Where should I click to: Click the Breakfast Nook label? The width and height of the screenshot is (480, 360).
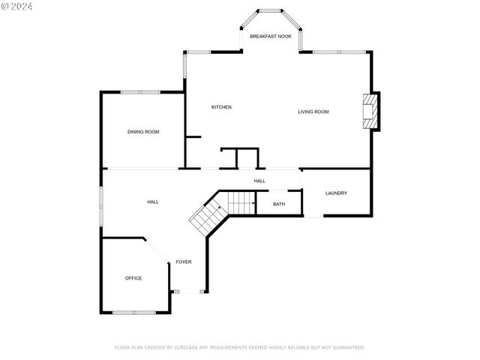270,36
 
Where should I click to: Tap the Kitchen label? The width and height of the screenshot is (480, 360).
221,107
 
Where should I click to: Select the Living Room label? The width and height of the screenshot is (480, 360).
313,112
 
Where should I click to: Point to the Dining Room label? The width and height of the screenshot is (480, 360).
143,132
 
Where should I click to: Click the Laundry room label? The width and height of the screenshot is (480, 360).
336,193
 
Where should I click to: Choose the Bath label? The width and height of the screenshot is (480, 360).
278,204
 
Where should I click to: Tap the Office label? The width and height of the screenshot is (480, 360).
133,278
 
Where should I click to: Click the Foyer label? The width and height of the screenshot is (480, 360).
184,262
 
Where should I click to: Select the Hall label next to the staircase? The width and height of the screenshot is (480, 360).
152,202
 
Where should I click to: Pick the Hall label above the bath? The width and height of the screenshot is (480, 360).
259,181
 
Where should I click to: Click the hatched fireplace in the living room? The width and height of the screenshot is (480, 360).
369,112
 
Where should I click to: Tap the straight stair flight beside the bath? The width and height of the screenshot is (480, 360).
241,202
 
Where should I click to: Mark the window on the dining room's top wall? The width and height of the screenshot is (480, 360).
140,92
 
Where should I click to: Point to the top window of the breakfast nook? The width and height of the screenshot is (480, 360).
270,10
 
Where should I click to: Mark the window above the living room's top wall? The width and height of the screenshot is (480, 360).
339,52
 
